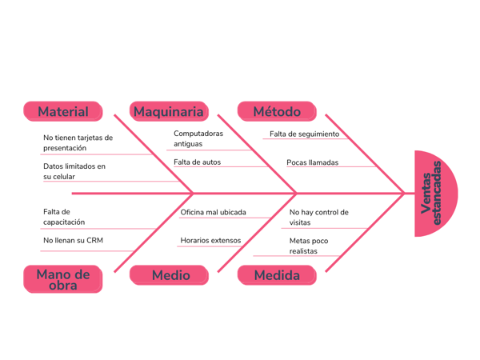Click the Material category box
point(63,111)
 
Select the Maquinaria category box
point(169,111)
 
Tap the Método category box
point(277,111)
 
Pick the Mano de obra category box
point(63,278)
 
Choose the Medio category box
point(170,275)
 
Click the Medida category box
point(277,275)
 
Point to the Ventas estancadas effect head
point(436,193)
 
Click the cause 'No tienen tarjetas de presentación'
point(78,142)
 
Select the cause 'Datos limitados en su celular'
point(74,171)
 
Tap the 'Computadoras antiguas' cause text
point(198,138)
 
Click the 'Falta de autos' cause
point(197,162)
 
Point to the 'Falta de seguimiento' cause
point(304,134)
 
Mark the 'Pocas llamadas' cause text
point(312,162)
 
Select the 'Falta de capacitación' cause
point(64,217)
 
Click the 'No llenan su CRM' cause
point(73,240)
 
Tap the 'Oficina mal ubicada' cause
point(213,213)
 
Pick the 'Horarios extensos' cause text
point(210,240)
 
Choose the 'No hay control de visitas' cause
point(319,218)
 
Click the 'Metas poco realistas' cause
point(309,246)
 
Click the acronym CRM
point(94,240)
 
